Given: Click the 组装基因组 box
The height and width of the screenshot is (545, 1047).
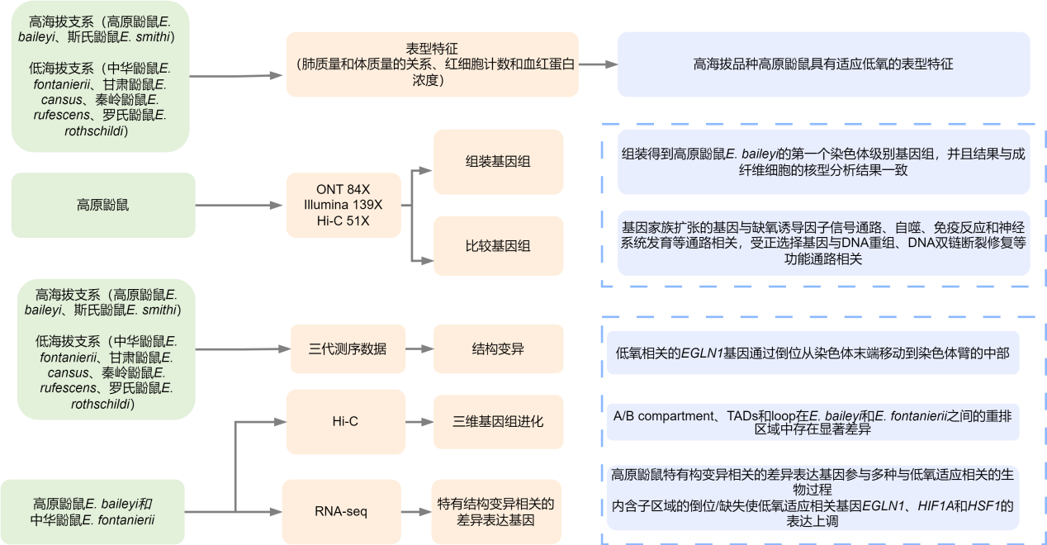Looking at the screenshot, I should pos(498,160).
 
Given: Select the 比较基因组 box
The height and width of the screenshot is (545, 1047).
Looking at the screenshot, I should pos(498,245).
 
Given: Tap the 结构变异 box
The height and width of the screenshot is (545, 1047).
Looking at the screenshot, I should pos(498,348).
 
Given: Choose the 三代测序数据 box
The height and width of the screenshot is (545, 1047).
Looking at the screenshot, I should pos(348,348).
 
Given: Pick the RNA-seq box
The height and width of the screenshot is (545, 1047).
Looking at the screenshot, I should pos(341,511).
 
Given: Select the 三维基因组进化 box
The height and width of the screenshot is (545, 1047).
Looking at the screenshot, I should pos(498,421).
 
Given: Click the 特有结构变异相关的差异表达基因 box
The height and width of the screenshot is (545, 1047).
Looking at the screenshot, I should pos(495,511).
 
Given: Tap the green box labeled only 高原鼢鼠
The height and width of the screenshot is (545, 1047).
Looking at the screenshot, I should pos(103,205).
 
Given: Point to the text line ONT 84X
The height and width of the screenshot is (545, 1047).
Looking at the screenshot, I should pos(343,189).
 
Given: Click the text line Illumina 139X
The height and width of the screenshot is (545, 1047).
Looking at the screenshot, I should pos(343,205).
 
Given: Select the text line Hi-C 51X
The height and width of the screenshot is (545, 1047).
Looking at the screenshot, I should pos(343,220).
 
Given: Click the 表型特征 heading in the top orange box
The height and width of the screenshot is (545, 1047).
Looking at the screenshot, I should pos(432,48).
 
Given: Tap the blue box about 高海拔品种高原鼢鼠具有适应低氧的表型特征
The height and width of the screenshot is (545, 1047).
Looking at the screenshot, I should pos(823,64).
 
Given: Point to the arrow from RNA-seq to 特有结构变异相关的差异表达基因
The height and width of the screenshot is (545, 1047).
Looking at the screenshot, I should pos(416,511).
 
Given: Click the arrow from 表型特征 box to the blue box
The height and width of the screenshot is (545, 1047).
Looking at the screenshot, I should pos(598,64).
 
